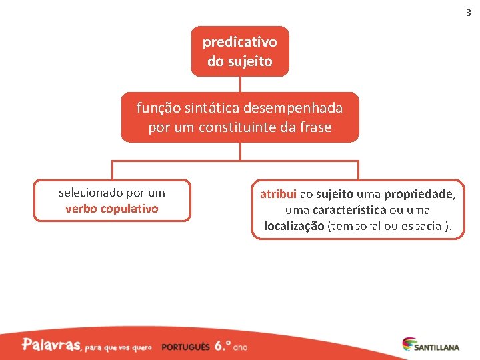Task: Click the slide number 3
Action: click(467, 13)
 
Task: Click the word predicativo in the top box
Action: click(240, 42)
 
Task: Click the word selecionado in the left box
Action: click(91, 193)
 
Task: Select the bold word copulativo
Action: click(131, 209)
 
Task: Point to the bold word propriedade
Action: click(419, 194)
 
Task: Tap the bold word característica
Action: click(349, 210)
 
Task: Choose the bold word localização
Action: click(294, 226)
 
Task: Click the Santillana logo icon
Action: click(408, 345)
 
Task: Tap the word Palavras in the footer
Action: click(51, 345)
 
